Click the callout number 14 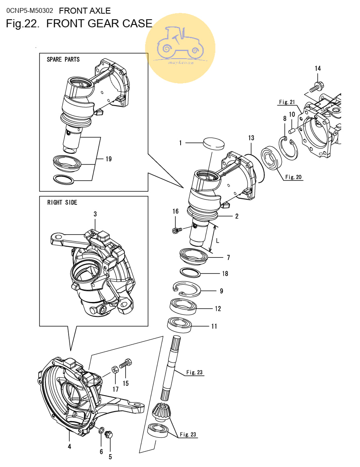click(318, 69)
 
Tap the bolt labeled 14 click(317, 87)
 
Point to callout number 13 click(251, 138)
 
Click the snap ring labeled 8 click(289, 148)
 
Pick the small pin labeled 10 click(291, 131)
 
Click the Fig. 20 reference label click(293, 177)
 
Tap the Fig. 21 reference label click(287, 102)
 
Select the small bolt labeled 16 click(177, 230)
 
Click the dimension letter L click(218, 241)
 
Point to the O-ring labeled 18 click(190, 272)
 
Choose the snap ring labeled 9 click(187, 289)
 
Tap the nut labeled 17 click(115, 369)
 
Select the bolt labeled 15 click(125, 363)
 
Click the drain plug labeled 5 click(109, 434)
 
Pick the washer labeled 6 click(101, 430)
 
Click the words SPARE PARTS click(63, 59)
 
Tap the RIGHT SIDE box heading click(62, 202)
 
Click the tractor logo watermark click(180, 48)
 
